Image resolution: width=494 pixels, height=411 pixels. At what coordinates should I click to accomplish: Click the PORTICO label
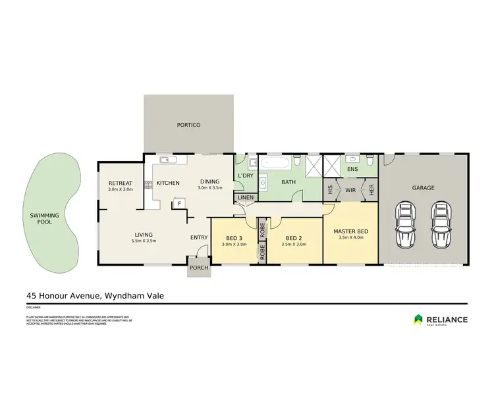[188, 125]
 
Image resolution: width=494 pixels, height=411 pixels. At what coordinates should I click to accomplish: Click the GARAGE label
[423, 187]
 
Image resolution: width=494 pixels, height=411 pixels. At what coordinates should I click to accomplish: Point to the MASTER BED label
[351, 231]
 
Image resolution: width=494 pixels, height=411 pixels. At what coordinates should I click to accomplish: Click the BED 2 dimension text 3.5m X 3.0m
[294, 245]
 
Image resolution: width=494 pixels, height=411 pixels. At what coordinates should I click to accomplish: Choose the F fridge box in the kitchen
[178, 204]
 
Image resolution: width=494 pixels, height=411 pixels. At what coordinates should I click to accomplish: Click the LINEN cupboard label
[245, 197]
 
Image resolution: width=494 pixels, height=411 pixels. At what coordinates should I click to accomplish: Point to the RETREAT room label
[121, 183]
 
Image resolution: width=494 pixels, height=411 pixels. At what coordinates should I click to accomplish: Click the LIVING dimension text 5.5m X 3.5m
[144, 241]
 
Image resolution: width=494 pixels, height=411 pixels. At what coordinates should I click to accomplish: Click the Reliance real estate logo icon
[418, 320]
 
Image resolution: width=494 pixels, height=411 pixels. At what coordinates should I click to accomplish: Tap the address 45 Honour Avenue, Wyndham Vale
[95, 296]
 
